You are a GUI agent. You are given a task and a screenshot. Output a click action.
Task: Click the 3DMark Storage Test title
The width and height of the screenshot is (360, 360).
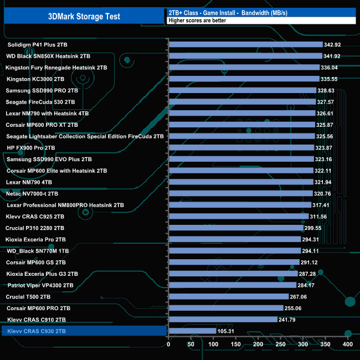[x=84, y=17]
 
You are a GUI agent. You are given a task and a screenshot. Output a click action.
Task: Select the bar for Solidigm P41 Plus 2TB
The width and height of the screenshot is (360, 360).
[x=245, y=44]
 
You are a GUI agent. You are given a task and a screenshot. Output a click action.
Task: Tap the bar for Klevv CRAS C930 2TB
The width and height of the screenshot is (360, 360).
[x=192, y=331]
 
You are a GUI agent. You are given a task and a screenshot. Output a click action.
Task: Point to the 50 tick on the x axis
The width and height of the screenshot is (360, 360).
[x=191, y=344]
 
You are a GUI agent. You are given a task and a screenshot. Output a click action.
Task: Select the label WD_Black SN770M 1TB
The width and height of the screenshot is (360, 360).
[x=39, y=251]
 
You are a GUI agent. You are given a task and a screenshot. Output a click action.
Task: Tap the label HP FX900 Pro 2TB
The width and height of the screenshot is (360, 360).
[x=31, y=148]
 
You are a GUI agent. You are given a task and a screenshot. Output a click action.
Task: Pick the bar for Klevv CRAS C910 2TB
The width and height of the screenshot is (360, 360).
[x=222, y=320]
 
